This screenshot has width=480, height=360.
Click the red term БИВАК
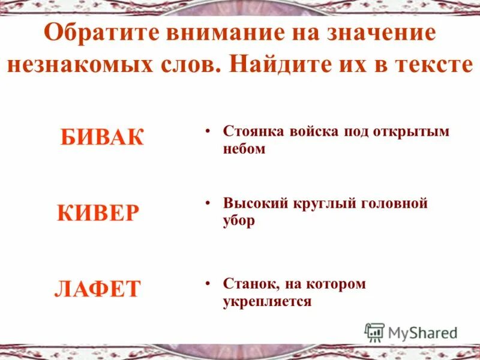point(102,137)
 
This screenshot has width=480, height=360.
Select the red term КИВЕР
point(98,212)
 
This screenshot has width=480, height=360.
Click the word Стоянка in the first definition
point(253,131)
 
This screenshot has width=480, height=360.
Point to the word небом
point(244,149)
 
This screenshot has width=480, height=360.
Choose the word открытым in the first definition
point(418,131)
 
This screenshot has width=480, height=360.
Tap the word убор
point(239,220)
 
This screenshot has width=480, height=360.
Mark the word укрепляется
point(267,301)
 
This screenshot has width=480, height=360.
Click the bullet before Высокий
point(207,203)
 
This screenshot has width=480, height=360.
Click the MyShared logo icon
point(374,332)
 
